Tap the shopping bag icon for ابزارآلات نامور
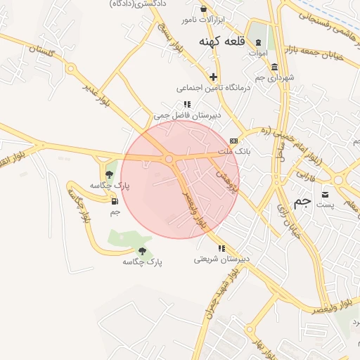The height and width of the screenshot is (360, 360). [x=204, y=9]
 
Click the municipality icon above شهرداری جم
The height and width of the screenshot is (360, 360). [x=274, y=67]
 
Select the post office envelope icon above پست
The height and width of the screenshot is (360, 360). [x=325, y=194]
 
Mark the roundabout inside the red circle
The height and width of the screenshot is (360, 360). [x=169, y=160]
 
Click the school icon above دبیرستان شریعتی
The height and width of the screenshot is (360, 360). [x=221, y=248]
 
